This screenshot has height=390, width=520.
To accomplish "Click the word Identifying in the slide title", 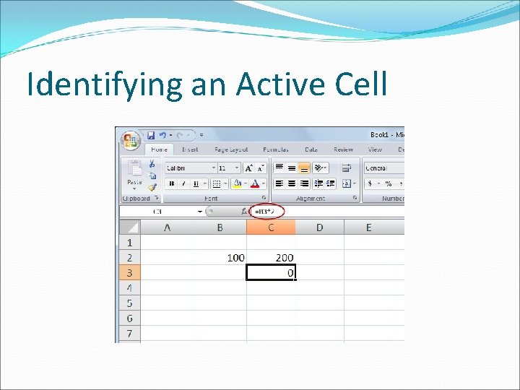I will (105, 84).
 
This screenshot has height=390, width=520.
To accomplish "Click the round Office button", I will (131, 140).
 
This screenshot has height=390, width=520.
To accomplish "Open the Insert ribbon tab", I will (190, 149).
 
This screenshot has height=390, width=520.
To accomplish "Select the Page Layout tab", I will (230, 149).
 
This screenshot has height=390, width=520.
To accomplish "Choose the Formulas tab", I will (275, 149).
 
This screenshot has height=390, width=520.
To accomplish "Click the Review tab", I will (343, 149).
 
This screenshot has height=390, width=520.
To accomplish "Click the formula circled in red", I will (267, 212).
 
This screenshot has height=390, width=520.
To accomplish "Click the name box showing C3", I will (159, 212).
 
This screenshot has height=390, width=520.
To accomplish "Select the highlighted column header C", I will (271, 227).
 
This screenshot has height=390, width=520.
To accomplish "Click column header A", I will (168, 227).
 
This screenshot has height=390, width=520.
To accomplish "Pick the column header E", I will (368, 227).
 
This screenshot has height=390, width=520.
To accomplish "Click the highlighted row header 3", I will (129, 272).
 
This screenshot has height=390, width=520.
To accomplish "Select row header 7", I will (129, 333).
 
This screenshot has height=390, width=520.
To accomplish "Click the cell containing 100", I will (222, 257).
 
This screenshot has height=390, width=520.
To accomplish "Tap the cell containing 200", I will (271, 257).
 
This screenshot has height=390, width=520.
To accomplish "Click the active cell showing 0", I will (271, 272).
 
